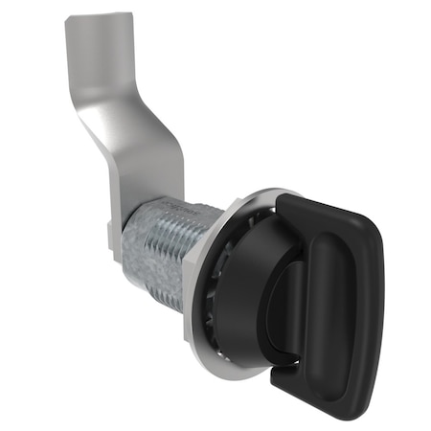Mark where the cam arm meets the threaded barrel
tap(144, 196)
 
